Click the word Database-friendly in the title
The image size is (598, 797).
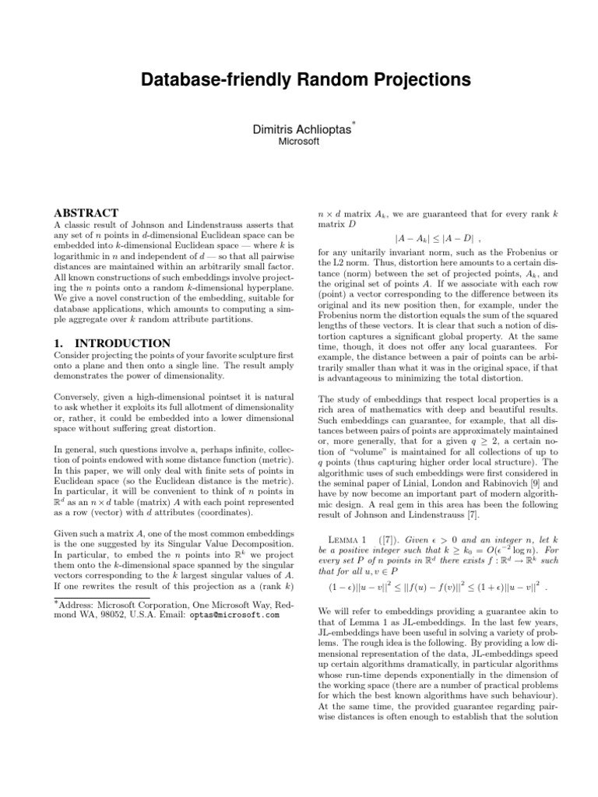click(200, 79)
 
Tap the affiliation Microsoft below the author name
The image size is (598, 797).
click(299, 142)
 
